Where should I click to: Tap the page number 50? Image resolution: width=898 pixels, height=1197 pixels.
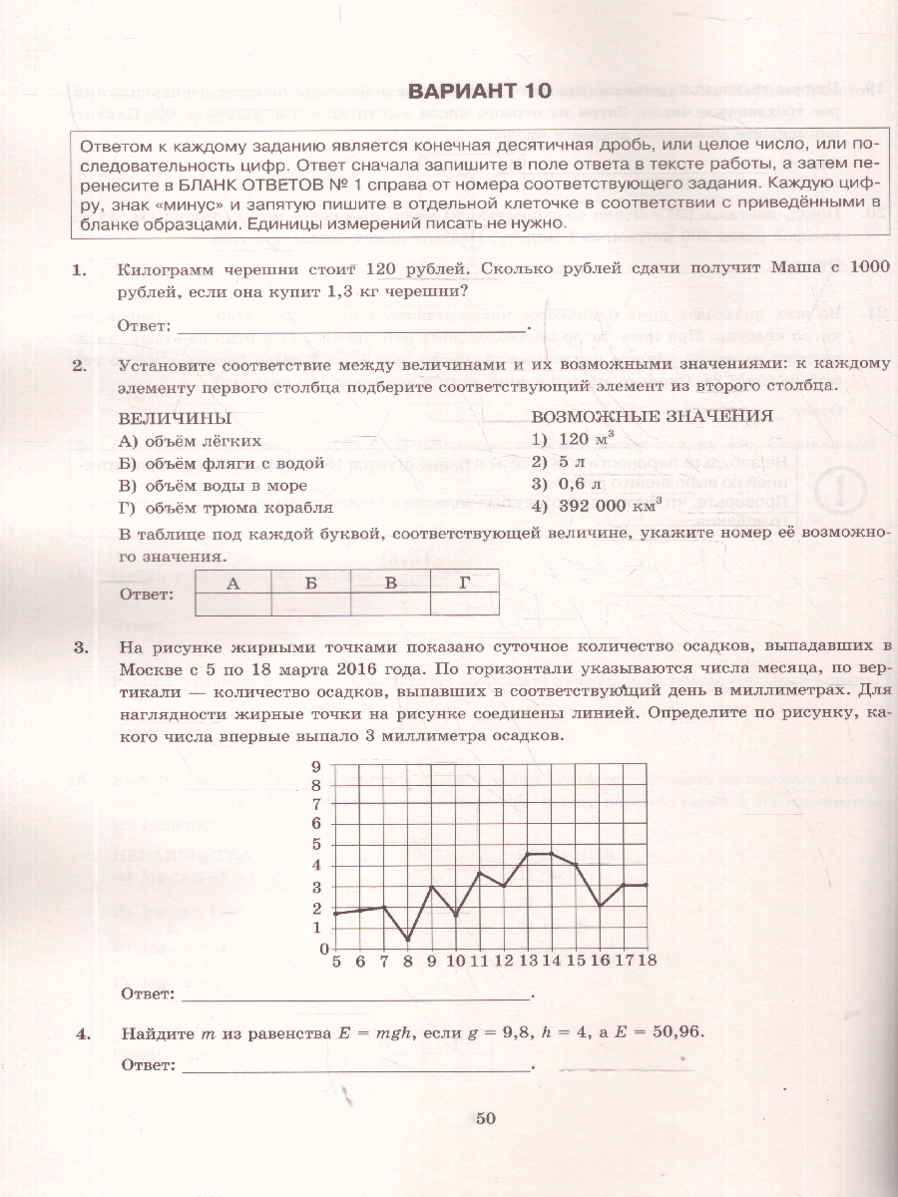coord(486,1118)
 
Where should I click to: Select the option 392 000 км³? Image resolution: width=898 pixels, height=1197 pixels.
coord(597,506)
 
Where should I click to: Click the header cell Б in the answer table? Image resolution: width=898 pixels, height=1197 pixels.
coord(311,585)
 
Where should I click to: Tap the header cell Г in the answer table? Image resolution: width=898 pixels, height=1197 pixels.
coord(465,585)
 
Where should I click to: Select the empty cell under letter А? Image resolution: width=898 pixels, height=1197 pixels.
coord(233,604)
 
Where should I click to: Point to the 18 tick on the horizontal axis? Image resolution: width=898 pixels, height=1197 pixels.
coord(647,961)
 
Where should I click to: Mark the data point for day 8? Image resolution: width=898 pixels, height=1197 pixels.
coord(407,939)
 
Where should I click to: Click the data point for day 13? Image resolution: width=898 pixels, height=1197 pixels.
coord(527,854)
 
